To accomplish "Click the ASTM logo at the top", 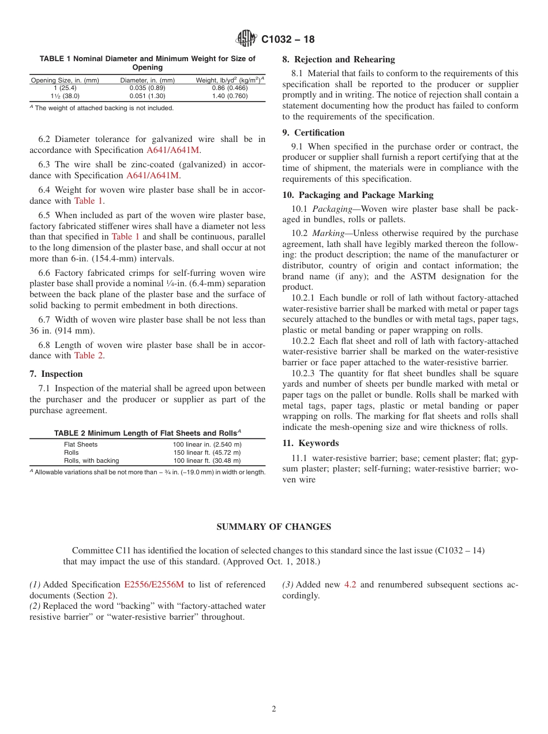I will pyautogui.click(x=246, y=39).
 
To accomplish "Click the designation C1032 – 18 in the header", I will pyautogui.click(x=288, y=40).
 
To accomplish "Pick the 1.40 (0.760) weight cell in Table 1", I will pyautogui.click(x=230, y=96).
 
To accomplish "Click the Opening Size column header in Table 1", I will pyautogui.click(x=65, y=80).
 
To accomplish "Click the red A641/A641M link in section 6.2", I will pyautogui.click(x=173, y=150).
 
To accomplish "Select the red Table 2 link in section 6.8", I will pyautogui.click(x=89, y=355).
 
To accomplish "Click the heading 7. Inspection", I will pyautogui.click(x=56, y=374).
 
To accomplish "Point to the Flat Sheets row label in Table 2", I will pyautogui.click(x=81, y=444).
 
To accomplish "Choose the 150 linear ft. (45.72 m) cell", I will pyautogui.click(x=207, y=452).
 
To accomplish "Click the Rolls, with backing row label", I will pyautogui.click(x=91, y=460).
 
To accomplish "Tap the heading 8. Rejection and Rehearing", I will pyautogui.click(x=338, y=59).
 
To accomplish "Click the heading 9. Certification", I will pyautogui.click(x=313, y=133).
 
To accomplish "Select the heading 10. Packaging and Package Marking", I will pyautogui.click(x=358, y=195).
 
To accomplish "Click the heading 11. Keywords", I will pyautogui.click(x=310, y=443).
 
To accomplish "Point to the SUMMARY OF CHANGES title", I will pyautogui.click(x=273, y=527).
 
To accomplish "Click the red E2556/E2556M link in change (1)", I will pyautogui.click(x=154, y=585).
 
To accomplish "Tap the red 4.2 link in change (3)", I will pyautogui.click(x=350, y=585).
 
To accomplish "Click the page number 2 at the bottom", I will pyautogui.click(x=274, y=709).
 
